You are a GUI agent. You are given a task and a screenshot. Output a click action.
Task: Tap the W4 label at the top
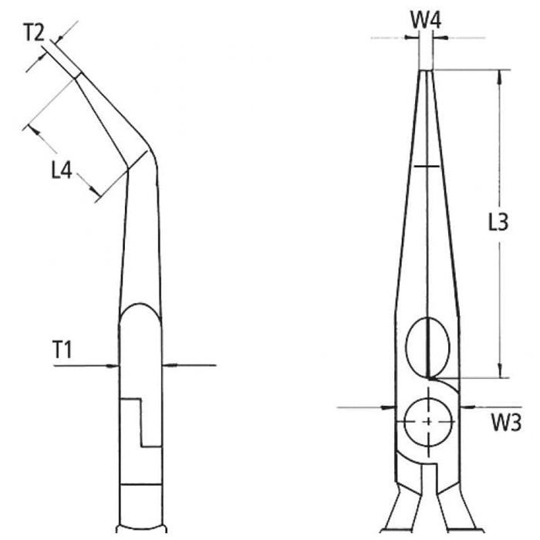(x=425, y=19)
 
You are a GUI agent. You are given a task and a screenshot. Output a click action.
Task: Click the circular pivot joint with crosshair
(x=428, y=421)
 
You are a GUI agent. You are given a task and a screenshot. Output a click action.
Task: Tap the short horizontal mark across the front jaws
(x=428, y=167)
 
